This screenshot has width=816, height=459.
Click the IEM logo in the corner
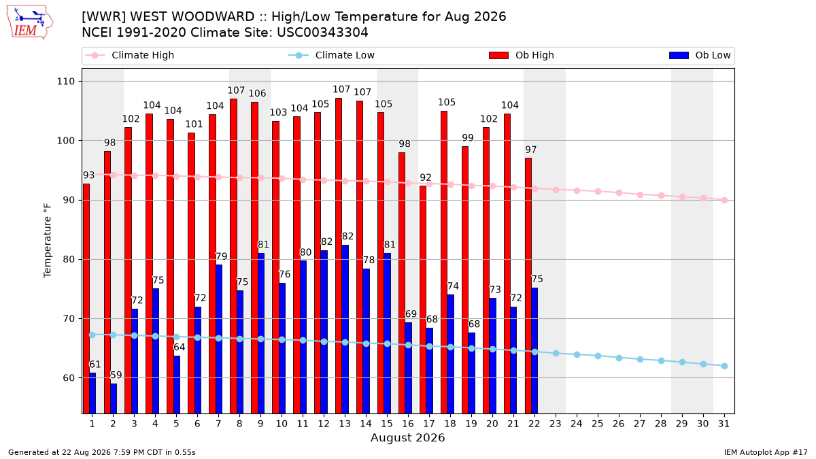30,22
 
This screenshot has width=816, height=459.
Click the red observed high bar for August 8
233,256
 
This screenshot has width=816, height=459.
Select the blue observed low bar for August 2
114,398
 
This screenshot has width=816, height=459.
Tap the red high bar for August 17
423,299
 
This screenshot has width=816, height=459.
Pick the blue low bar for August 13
345,329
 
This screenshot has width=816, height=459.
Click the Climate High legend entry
130,55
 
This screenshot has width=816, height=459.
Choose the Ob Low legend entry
700,55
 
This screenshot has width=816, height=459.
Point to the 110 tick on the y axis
65,81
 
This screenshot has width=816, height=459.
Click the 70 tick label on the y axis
69,319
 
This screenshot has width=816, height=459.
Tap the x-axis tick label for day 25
598,424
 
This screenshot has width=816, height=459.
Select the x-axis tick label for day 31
724,424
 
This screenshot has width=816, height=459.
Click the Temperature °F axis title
48,241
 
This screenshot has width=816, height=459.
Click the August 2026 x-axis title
407,437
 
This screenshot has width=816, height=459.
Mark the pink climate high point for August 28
661,196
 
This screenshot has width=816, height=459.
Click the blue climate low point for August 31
725,366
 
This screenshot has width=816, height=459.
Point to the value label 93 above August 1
89,175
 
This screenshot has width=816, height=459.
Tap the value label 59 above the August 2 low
116,375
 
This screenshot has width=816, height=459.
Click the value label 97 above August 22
531,150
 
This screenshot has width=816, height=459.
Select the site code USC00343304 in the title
322,33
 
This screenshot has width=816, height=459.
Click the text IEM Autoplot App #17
766,452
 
